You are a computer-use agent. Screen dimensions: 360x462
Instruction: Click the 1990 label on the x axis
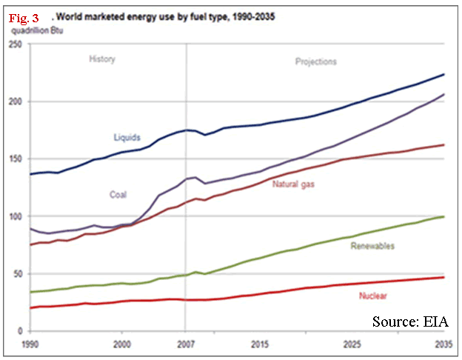coord(30,344)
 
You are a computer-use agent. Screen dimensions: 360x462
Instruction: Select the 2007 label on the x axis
coord(186,344)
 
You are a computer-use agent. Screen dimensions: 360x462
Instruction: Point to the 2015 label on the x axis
coord(258,344)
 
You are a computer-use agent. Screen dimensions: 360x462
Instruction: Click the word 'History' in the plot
coord(102,59)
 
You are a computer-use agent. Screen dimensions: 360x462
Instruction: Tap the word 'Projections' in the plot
coord(312,61)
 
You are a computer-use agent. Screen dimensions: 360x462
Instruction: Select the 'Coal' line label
coord(117,195)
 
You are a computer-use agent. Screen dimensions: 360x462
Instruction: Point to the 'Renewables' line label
coord(373,245)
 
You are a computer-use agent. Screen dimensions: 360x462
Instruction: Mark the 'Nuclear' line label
coord(374,296)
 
